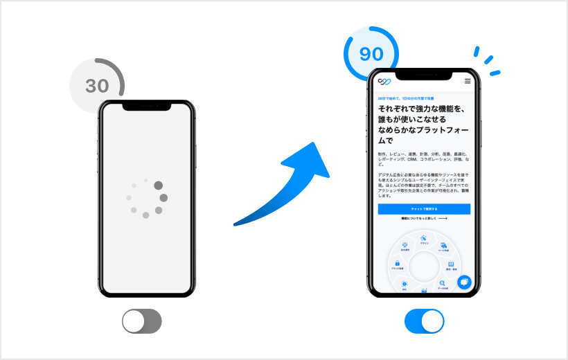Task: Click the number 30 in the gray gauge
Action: (97, 86)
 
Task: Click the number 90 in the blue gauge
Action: (371, 54)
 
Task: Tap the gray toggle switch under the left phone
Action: (141, 321)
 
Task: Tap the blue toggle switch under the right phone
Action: (424, 321)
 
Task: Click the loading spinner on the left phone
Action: (146, 199)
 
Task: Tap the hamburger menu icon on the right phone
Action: (468, 82)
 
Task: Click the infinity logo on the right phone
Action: (384, 82)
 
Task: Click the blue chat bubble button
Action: (463, 282)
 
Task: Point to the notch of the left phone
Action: (145, 105)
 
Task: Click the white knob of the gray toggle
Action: (133, 321)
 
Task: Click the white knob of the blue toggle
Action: (432, 321)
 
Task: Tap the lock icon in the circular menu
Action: (397, 264)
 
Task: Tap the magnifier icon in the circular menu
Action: (443, 284)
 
